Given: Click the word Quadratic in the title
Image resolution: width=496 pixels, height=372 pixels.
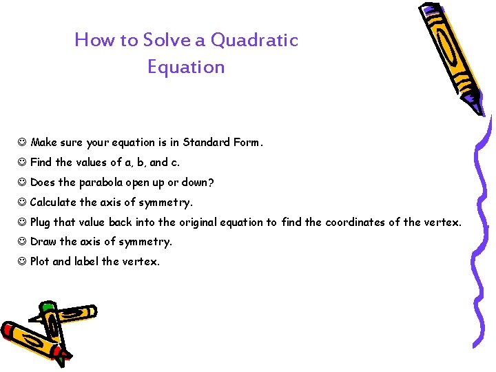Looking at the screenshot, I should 254,41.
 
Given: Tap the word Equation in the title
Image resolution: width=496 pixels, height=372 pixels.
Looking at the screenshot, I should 186,68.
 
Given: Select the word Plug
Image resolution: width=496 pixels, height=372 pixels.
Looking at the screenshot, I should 40,223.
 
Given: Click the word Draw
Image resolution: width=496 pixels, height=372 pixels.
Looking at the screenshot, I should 43,242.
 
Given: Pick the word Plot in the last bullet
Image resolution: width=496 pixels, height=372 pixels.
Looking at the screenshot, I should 40,262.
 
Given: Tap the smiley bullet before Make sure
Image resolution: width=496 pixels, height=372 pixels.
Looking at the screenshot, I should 22,143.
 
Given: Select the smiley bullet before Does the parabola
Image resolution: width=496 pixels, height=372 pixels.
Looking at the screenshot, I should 22,183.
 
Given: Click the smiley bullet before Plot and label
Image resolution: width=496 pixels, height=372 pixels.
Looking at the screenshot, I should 22,262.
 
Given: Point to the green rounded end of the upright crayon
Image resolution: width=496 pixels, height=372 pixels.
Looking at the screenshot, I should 47,307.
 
